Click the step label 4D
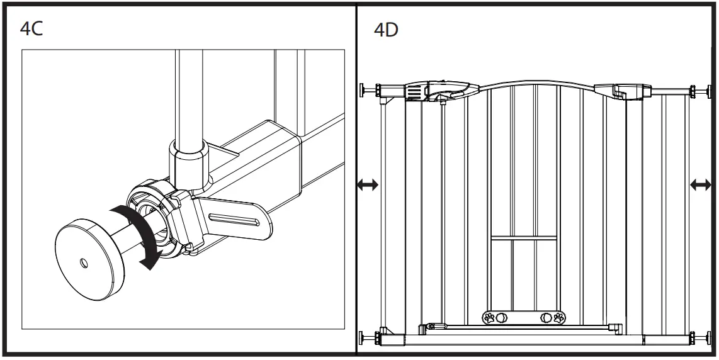click(x=386, y=30)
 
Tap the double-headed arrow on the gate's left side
click(x=368, y=184)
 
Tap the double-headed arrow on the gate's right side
click(x=701, y=184)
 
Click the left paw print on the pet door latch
click(x=490, y=317)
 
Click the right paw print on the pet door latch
click(x=558, y=317)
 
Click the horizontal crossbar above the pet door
click(x=523, y=238)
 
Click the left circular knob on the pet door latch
click(x=501, y=317)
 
